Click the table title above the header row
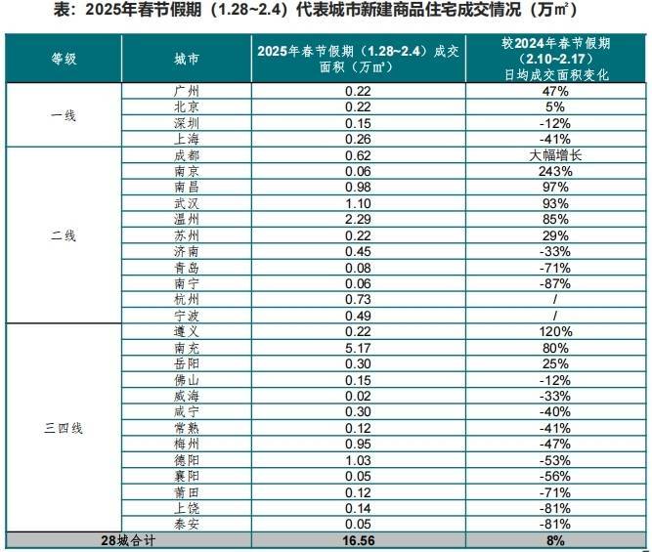coord(326,12)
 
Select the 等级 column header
coord(64,59)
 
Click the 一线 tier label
coord(64,114)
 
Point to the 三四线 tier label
coord(64,428)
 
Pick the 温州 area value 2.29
coord(357,219)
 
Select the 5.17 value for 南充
coord(357,347)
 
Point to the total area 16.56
coord(357,539)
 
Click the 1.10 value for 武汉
coord(357,202)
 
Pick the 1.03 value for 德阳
coord(357,459)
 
